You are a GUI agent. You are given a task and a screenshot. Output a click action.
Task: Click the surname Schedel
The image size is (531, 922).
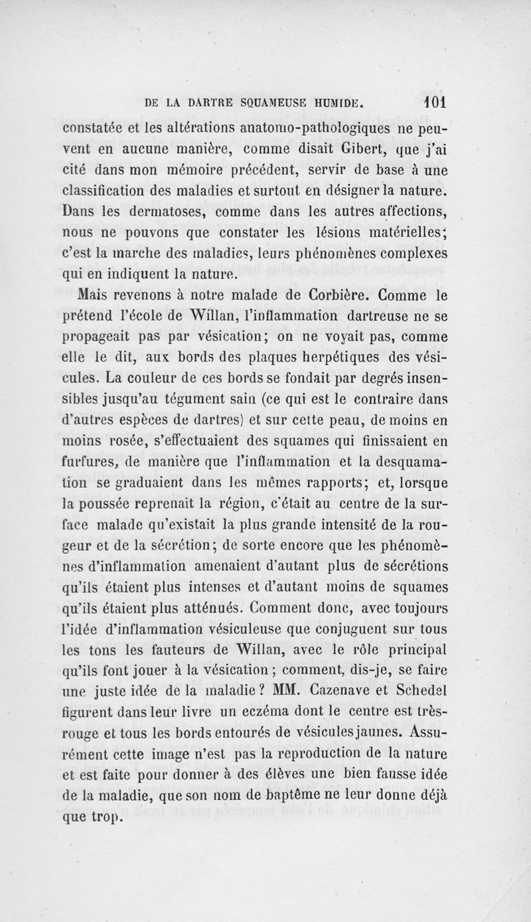pyautogui.click(x=419, y=692)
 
